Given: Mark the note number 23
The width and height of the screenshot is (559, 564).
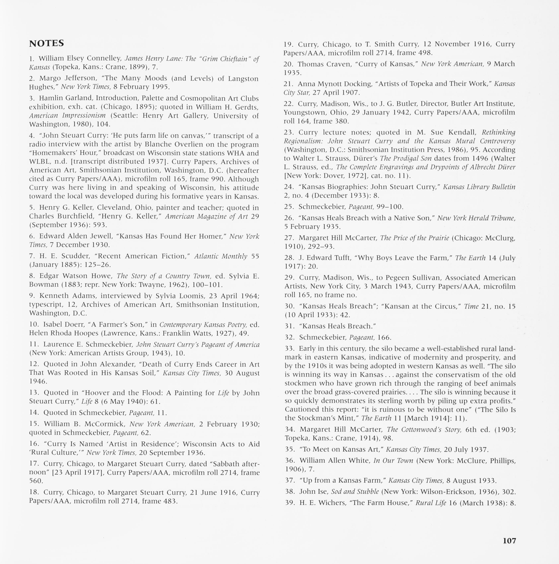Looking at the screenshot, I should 289,133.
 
